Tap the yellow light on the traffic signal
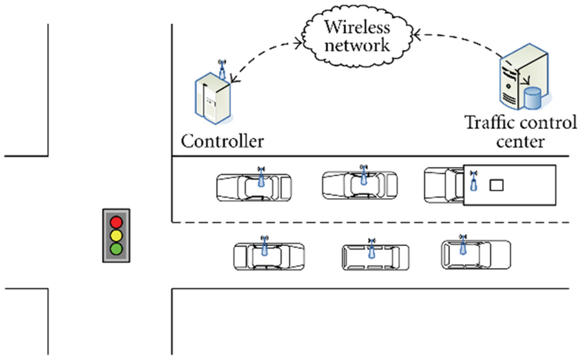tap(117, 234)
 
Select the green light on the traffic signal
tap(117, 248)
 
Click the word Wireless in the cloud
tap(358, 27)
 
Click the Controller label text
tap(222, 141)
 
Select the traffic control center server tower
tap(515, 76)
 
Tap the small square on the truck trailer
tap(496, 185)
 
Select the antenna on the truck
tap(473, 180)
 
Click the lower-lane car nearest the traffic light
tap(269, 256)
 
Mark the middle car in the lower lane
tap(375, 257)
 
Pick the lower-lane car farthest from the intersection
tap(475, 254)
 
